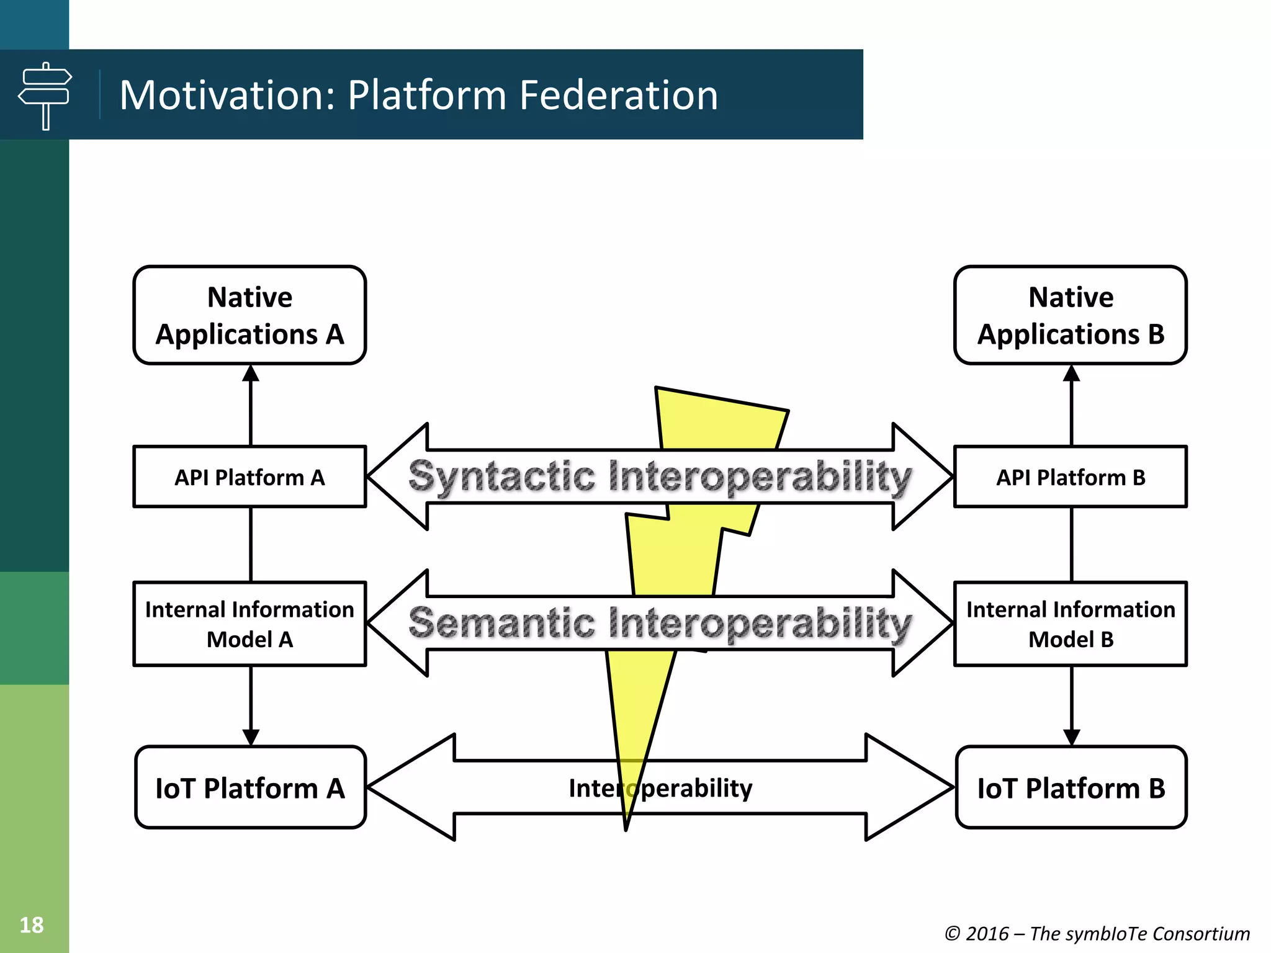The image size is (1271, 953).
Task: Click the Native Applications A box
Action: [249, 315]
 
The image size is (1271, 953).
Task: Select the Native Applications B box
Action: [1071, 315]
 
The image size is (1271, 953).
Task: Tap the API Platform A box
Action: [249, 477]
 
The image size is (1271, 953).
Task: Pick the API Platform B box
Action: [1071, 477]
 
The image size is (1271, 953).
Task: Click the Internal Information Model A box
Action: [249, 624]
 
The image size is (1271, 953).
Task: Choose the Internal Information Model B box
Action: [1071, 624]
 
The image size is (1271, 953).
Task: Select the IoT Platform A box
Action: [249, 788]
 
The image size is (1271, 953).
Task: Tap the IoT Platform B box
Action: [1071, 788]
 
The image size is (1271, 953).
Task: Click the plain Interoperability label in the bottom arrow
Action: [660, 788]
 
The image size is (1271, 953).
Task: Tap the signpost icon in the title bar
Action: [45, 96]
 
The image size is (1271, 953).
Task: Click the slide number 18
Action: [32, 925]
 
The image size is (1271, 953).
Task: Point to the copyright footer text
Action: [1097, 933]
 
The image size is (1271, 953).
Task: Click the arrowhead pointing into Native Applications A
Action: [250, 374]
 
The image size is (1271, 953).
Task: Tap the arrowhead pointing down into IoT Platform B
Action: [1071, 737]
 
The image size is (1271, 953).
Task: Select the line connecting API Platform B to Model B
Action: [1071, 544]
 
